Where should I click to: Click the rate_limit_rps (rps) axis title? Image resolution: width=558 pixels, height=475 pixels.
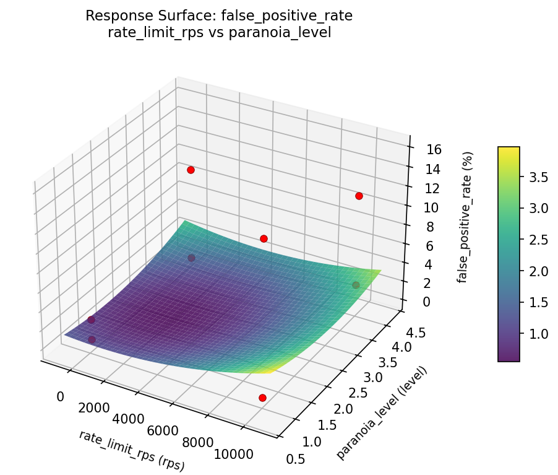[132, 450]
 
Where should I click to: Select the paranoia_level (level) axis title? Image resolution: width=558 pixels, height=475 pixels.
[382, 412]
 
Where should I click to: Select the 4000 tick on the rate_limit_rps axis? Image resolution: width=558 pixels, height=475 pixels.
[129, 419]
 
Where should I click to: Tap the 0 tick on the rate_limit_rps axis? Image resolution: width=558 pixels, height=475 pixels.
[60, 396]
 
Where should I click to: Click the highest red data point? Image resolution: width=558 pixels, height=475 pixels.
[191, 170]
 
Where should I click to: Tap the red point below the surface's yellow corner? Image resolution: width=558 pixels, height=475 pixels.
[262, 398]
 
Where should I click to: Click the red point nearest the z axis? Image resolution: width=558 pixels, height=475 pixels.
[359, 196]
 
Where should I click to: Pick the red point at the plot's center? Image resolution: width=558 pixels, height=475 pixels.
[264, 238]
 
